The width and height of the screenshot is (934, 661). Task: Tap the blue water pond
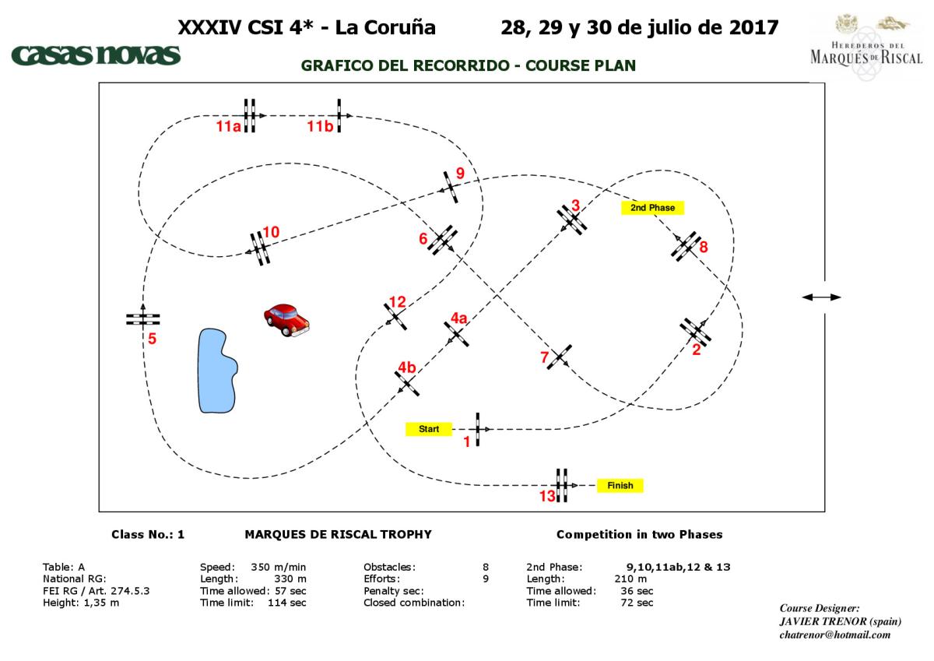coord(216,370)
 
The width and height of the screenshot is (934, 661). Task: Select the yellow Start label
coord(429,429)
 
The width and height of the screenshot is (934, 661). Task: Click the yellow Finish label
coord(620,486)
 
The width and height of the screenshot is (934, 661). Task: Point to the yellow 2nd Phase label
coord(652,208)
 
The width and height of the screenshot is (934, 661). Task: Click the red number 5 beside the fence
coord(153,339)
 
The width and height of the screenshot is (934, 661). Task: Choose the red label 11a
coord(229,127)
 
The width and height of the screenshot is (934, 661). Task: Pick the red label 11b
coord(320,127)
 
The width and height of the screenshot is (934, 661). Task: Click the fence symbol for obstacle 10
coord(259,248)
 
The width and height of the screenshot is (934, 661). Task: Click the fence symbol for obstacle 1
coord(478,429)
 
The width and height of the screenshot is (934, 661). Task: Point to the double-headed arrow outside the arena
coord(821,297)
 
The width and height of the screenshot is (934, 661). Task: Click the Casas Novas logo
coord(96,55)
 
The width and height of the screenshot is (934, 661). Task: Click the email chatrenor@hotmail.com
coord(834,635)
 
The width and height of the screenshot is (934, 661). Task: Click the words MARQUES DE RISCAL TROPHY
coord(338,535)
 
